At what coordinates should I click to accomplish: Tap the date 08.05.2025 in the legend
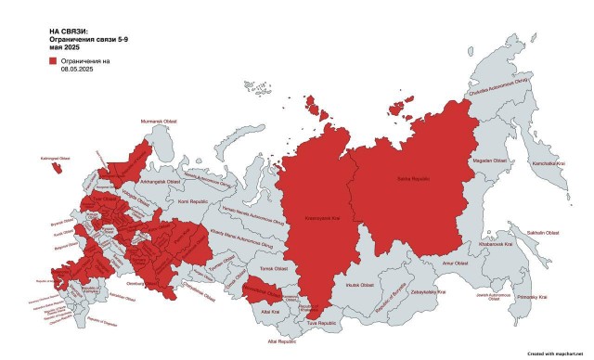click(x=79, y=69)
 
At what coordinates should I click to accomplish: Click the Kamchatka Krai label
click(x=549, y=163)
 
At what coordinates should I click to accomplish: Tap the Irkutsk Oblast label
click(x=360, y=284)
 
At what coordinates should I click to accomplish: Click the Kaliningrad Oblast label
click(x=52, y=159)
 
